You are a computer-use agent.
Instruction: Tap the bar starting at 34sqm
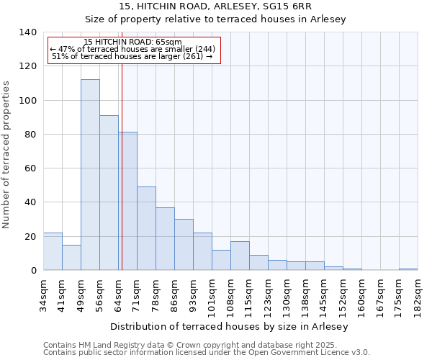53,251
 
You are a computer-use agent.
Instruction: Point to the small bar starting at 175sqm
408,269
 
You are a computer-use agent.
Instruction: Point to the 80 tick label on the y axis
30,135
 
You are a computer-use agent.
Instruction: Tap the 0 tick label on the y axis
33,271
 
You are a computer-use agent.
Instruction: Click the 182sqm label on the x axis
418,294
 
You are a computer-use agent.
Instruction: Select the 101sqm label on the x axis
212,294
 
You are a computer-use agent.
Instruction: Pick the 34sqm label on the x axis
43,293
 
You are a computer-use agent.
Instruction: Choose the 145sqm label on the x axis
324,294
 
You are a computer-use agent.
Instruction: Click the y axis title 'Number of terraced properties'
7,155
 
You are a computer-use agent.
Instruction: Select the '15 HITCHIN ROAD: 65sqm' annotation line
132,42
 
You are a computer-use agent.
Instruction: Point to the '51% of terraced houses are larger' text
132,56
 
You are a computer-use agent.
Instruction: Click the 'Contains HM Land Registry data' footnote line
206,345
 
